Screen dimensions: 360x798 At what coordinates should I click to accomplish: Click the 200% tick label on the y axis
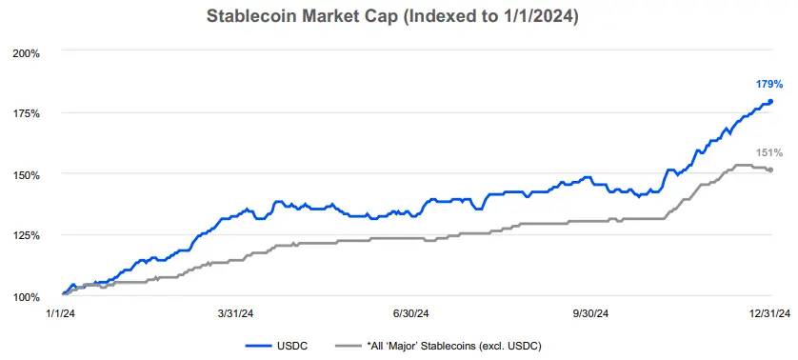click(x=27, y=52)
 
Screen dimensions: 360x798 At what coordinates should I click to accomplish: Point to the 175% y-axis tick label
click(x=27, y=113)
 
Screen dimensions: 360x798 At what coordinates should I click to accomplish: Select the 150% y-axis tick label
click(x=27, y=174)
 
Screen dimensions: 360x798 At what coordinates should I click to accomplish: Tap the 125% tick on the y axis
click(x=27, y=235)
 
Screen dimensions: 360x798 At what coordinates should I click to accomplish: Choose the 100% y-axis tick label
click(x=27, y=296)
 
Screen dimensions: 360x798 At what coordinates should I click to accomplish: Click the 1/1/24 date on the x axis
click(x=60, y=312)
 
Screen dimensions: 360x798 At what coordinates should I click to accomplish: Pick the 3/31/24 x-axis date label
click(x=234, y=312)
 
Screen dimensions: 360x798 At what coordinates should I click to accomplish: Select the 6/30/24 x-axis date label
click(x=409, y=312)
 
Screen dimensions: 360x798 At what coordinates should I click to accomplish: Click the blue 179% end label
click(x=769, y=85)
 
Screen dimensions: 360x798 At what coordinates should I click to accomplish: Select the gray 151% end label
click(x=769, y=152)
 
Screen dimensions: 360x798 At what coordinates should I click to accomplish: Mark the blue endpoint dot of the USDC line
click(x=770, y=102)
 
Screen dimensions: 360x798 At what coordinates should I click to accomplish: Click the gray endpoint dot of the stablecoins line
click(x=770, y=170)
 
